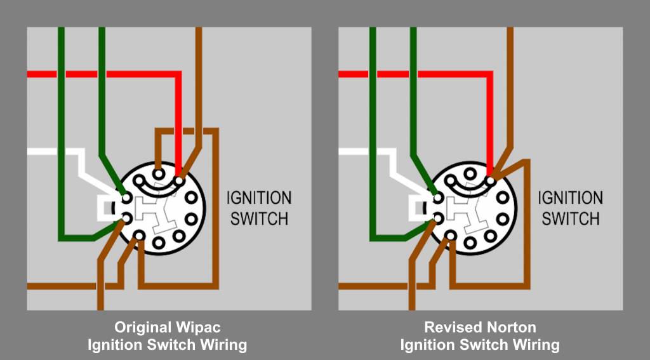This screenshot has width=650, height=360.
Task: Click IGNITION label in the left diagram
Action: click(259, 199)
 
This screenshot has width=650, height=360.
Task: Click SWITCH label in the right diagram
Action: click(570, 219)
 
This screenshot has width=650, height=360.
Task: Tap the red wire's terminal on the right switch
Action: click(491, 181)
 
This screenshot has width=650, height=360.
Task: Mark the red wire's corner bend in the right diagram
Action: click(489, 74)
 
